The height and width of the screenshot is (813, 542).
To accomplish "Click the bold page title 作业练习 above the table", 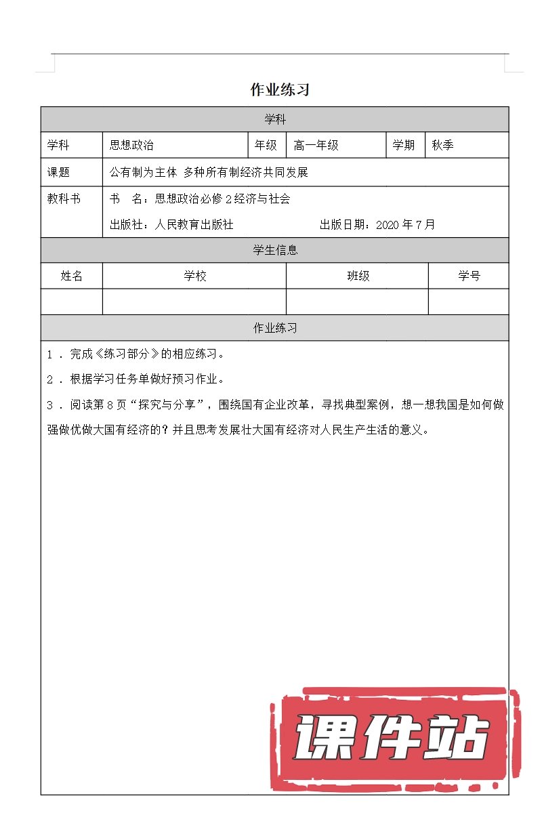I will (x=280, y=89).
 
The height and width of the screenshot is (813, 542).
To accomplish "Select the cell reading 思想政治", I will (x=132, y=145).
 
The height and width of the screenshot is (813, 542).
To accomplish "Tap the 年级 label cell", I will (x=266, y=145).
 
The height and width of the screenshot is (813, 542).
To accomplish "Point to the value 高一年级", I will (x=316, y=145).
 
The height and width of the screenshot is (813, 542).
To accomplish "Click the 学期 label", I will (x=404, y=145).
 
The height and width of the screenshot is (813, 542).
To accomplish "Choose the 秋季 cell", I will (x=443, y=145).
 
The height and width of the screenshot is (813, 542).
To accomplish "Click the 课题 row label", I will (x=58, y=172).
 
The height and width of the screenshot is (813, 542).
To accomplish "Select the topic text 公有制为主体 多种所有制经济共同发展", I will (x=209, y=172).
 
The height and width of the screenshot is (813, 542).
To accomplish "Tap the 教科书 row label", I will (x=64, y=199).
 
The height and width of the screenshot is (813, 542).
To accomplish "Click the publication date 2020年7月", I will (x=405, y=224).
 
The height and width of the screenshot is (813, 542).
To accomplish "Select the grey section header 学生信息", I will (x=275, y=250).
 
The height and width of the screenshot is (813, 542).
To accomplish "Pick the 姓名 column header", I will (x=72, y=276).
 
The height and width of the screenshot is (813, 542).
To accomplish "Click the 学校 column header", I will (x=195, y=276).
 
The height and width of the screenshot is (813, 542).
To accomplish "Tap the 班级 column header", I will (x=358, y=276).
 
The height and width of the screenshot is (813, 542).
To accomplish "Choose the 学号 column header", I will (x=469, y=276).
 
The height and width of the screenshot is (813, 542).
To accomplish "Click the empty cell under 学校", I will (x=194, y=301).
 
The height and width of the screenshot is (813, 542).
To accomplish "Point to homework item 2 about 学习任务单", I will (x=146, y=379).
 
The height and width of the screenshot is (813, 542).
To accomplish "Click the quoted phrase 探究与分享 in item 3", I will (x=167, y=405).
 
